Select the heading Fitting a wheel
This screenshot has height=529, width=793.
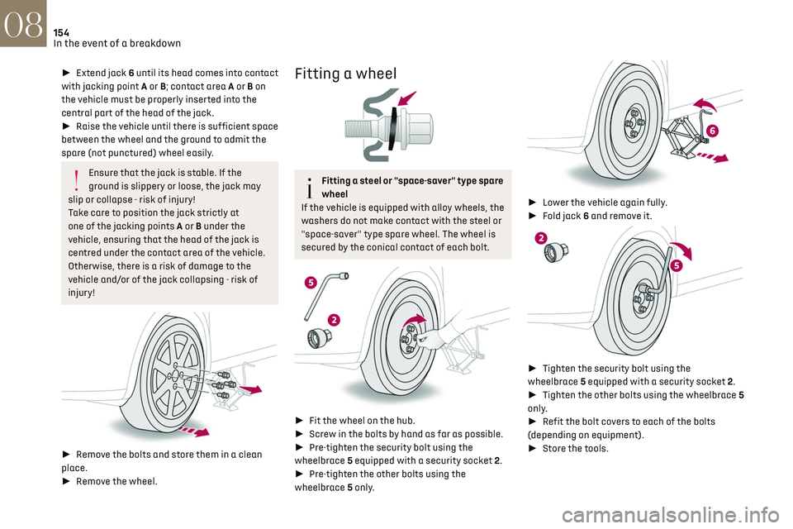click(x=346, y=73)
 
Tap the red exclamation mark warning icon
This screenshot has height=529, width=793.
click(x=75, y=179)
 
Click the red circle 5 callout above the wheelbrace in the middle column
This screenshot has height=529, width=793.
click(x=311, y=283)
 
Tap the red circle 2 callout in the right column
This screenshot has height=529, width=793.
click(x=541, y=239)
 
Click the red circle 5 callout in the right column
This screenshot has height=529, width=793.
click(x=676, y=265)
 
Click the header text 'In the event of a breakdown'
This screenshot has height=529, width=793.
click(x=116, y=43)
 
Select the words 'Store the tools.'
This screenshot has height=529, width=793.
click(x=576, y=448)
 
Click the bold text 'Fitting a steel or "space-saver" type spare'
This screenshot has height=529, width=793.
click(x=411, y=180)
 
